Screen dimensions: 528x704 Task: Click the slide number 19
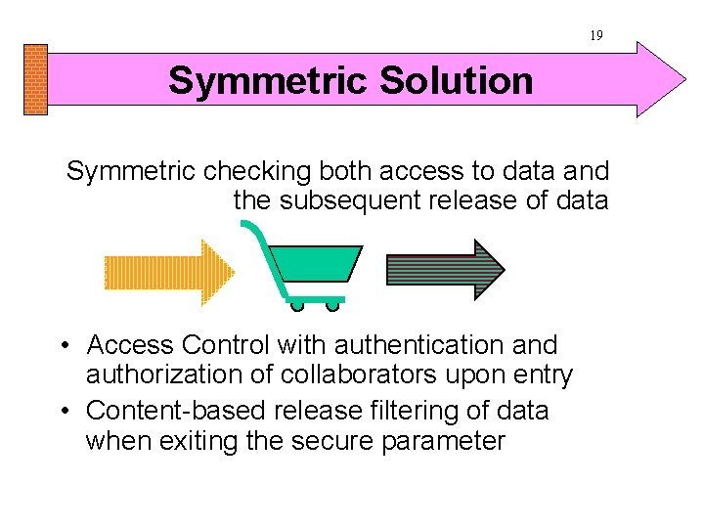pyautogui.click(x=596, y=35)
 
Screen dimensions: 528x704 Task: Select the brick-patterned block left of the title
pyautogui.click(x=34, y=79)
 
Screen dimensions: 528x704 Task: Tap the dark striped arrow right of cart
pyautogui.click(x=446, y=268)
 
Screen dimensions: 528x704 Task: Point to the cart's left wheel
pyautogui.click(x=298, y=305)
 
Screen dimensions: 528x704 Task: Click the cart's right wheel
pyautogui.click(x=332, y=305)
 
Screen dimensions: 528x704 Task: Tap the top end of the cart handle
pyautogui.click(x=245, y=225)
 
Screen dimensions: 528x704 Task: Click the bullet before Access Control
pyautogui.click(x=62, y=346)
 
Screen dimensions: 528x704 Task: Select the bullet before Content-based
pyautogui.click(x=62, y=412)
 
